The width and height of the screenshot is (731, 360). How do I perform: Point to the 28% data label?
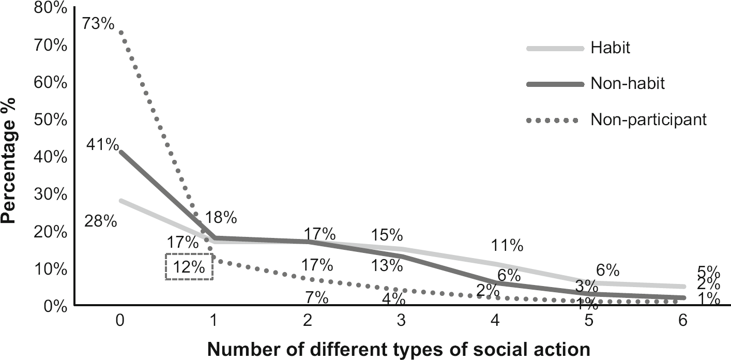100,221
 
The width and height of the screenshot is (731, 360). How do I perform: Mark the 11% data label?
507,245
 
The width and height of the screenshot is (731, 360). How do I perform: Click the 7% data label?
316,298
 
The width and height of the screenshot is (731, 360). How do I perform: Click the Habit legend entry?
611,48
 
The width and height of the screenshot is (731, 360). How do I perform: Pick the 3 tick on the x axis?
401,321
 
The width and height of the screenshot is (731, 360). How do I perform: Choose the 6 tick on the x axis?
683,321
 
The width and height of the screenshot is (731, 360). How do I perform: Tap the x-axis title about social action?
399,350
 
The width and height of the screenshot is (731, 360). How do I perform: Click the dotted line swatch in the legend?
552,120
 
